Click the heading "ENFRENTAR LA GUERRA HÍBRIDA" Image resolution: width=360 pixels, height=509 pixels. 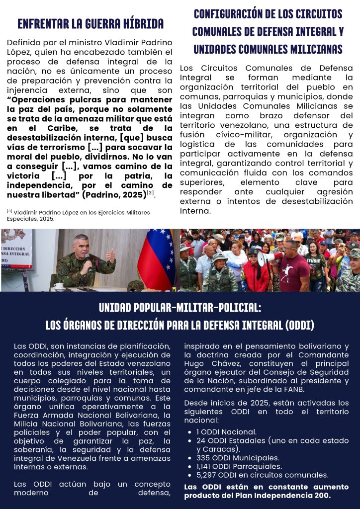click(x=90, y=24)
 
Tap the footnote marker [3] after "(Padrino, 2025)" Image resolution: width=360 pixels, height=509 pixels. click(x=150, y=193)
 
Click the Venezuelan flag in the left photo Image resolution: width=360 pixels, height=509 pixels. click(x=156, y=258)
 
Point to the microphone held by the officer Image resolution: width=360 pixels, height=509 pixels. click(x=88, y=259)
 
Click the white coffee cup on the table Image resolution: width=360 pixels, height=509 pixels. click(x=58, y=286)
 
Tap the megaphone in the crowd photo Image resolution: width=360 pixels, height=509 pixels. click(x=269, y=257)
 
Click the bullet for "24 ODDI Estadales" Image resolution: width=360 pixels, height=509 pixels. click(x=259, y=440)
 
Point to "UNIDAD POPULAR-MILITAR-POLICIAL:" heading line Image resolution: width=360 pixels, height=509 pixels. click(x=180, y=307)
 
